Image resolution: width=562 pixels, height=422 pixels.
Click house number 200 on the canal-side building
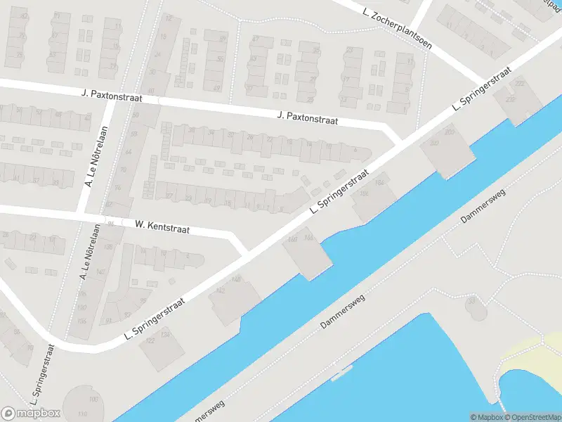tap(450, 132)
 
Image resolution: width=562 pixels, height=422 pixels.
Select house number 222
tap(520, 84)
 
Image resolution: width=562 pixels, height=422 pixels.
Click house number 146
tap(236, 280)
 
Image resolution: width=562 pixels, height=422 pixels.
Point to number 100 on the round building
tap(93, 399)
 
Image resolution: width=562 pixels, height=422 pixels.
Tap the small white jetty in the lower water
tap(343, 373)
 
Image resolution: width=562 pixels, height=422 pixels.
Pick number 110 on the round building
tap(84, 414)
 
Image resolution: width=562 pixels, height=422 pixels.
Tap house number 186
tap(364, 193)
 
